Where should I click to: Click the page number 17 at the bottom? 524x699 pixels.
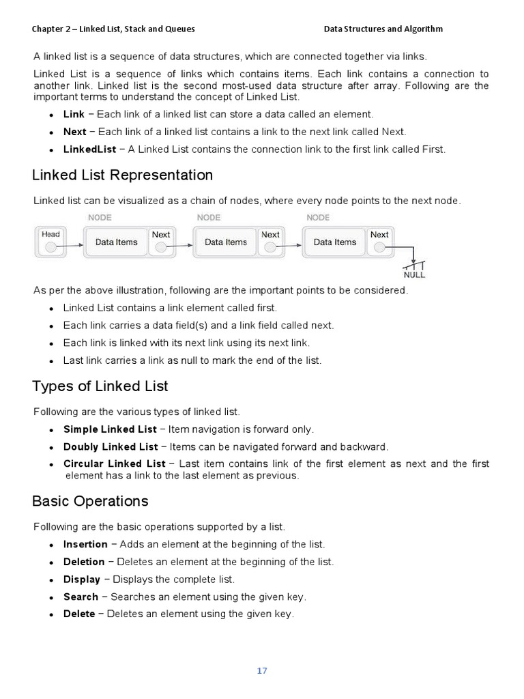click(262, 670)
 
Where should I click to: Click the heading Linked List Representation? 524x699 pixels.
click(123, 175)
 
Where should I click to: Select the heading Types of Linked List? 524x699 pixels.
click(100, 386)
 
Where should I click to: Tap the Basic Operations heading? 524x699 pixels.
click(90, 501)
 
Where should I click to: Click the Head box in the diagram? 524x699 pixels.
click(51, 242)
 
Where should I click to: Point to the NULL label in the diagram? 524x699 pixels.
click(414, 275)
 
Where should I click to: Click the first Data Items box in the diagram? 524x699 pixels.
click(116, 242)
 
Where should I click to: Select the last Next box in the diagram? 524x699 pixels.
click(379, 242)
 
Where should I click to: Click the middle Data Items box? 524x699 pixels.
click(225, 242)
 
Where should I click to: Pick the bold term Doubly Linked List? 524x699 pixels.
click(111, 447)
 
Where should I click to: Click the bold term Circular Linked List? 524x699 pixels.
click(114, 464)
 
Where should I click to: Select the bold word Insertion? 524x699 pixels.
click(85, 545)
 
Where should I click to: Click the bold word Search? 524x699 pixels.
click(81, 597)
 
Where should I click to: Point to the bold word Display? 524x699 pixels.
click(81, 580)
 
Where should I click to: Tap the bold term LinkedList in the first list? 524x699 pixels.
click(89, 149)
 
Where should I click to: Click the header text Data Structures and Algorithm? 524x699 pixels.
click(383, 29)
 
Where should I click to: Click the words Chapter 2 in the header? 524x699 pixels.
click(53, 29)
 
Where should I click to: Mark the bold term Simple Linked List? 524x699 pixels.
click(110, 430)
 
